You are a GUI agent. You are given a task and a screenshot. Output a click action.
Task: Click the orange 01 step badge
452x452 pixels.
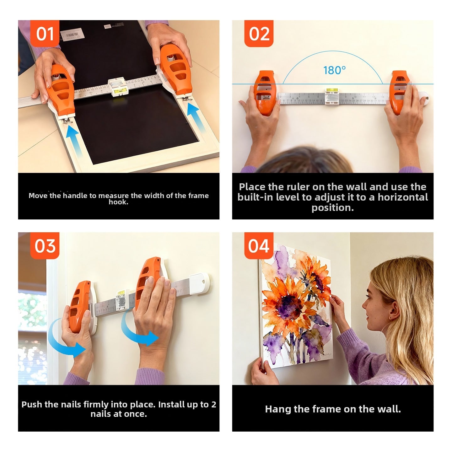45,34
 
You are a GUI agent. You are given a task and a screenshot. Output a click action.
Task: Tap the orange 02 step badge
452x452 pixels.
259,34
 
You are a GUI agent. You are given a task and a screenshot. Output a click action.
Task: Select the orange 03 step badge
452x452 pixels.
45,246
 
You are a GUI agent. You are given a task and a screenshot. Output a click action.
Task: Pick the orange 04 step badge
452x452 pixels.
259,246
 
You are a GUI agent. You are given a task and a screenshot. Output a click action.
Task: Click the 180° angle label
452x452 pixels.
334,70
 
